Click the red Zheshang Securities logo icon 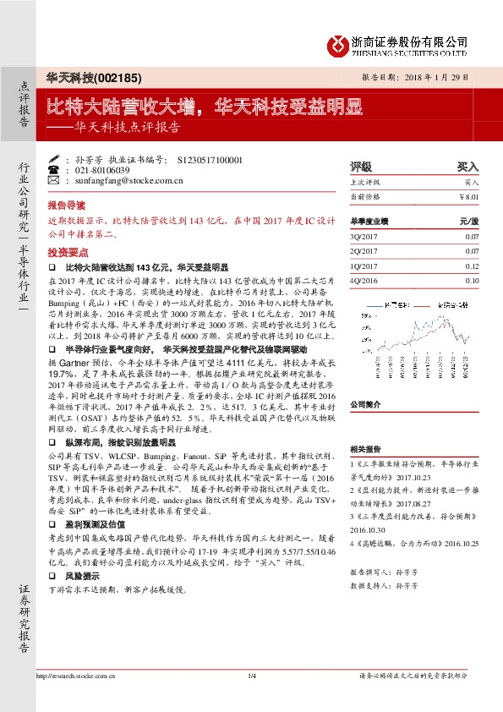(x=339, y=44)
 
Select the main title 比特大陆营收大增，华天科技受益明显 (x=203, y=107)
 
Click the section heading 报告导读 (x=66, y=205)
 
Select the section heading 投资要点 (x=66, y=252)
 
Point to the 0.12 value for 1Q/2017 (x=472, y=266)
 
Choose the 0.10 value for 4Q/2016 (x=472, y=279)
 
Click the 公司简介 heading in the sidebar (x=369, y=381)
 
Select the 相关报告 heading (x=369, y=449)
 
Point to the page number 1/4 (x=251, y=675)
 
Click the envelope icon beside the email (x=54, y=180)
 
